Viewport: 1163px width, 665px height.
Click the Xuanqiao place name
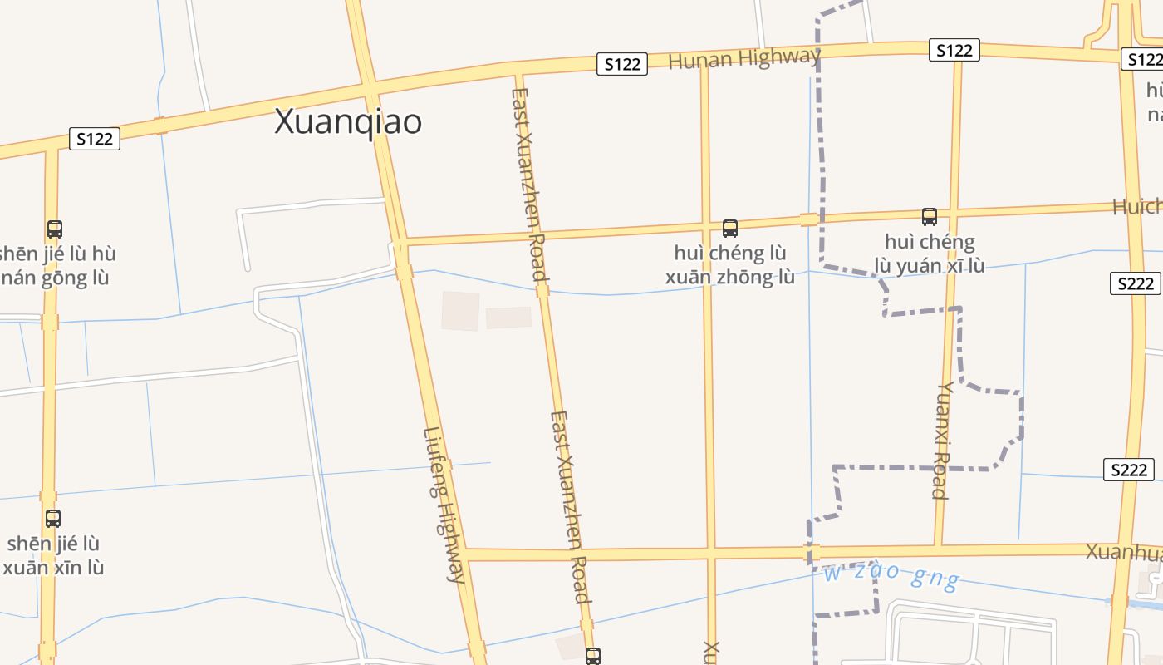click(x=348, y=122)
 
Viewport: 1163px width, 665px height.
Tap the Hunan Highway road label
click(x=743, y=59)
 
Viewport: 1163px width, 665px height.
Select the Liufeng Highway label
click(x=445, y=504)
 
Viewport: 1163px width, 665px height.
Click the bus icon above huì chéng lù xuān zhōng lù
click(x=730, y=228)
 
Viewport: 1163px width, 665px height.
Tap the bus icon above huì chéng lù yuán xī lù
click(x=930, y=217)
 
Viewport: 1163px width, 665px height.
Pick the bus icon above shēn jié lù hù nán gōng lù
click(x=55, y=229)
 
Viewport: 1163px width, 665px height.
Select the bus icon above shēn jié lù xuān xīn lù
click(x=53, y=519)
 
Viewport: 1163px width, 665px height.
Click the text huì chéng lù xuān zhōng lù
click(x=730, y=264)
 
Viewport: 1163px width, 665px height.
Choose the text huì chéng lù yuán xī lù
click(x=930, y=254)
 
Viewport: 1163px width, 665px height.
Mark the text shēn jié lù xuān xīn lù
click(x=53, y=555)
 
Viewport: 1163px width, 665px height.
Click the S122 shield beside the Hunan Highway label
click(x=622, y=64)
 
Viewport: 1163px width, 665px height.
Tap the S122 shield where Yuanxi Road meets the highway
click(x=954, y=51)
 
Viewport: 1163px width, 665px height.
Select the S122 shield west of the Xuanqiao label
click(x=94, y=139)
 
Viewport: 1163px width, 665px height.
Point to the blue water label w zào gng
click(x=891, y=574)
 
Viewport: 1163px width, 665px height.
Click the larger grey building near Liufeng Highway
click(x=460, y=311)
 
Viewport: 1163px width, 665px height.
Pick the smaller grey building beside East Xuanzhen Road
click(x=508, y=318)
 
